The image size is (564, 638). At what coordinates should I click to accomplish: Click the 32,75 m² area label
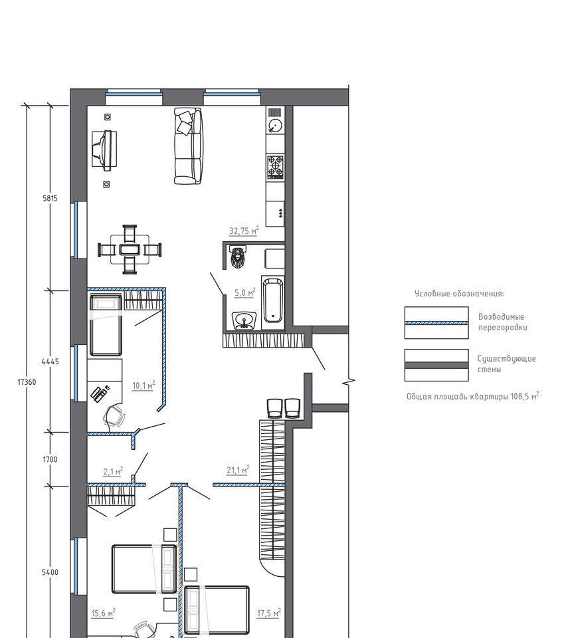pos(244,231)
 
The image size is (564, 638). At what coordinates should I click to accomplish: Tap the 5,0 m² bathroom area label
pos(245,292)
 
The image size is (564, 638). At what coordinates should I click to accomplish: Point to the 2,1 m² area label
pos(113,471)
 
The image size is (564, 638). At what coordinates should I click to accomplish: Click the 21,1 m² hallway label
pos(238,470)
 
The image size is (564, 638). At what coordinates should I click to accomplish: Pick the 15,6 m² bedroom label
pos(104,613)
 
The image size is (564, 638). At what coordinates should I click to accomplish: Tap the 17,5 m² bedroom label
pos(269,613)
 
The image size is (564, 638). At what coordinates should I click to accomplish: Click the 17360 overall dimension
pos(27,382)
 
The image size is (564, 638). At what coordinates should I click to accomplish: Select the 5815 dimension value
pos(50,199)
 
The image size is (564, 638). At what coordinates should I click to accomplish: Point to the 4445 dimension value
pos(50,362)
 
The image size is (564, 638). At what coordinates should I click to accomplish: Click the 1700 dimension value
pos(50,459)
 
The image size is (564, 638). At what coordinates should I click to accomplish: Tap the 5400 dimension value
pos(50,572)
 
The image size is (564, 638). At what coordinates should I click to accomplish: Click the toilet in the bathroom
pos(238,257)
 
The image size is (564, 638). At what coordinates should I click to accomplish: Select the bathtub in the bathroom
pos(272,300)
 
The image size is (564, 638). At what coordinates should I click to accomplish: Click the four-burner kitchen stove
pos(275,167)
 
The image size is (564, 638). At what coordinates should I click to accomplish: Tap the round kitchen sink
pos(275,126)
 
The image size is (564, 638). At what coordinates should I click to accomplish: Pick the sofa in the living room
pos(188,146)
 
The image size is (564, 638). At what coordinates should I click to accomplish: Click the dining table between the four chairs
pos(130,249)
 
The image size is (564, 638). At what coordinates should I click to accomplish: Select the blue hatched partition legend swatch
pos(436,323)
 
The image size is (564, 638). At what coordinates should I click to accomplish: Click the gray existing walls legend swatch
pos(436,365)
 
